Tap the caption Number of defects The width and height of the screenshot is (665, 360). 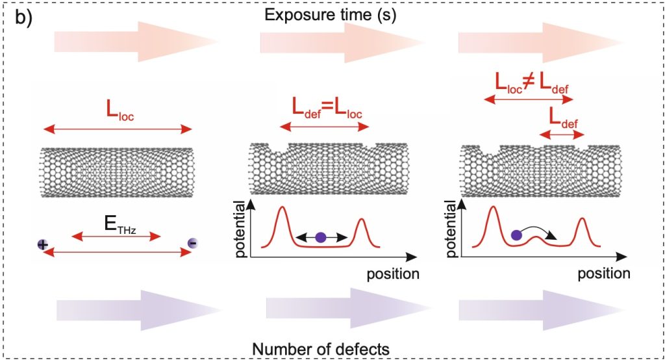(x=322, y=348)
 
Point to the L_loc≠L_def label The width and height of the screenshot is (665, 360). (x=529, y=84)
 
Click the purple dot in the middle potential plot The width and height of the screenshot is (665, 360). (x=320, y=238)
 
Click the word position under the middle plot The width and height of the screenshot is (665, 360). (x=393, y=273)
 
